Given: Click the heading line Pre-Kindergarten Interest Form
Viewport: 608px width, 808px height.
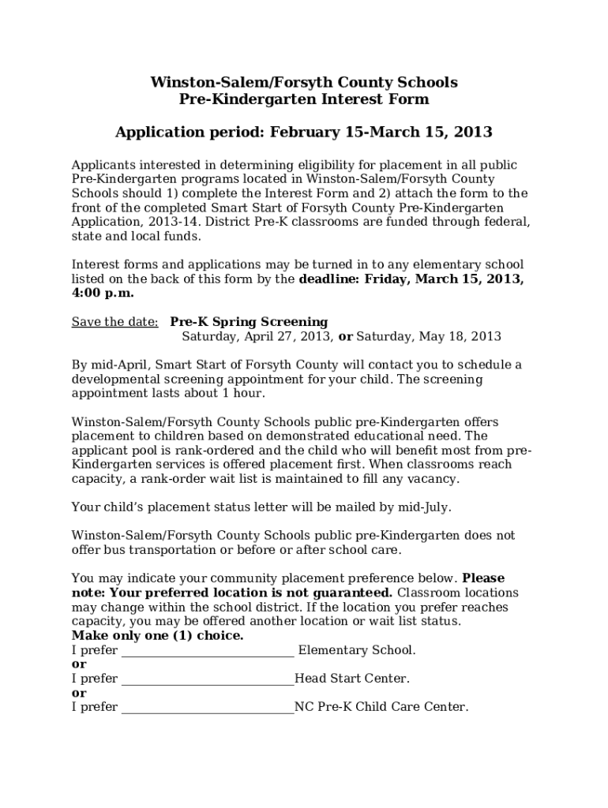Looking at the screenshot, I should [x=304, y=99].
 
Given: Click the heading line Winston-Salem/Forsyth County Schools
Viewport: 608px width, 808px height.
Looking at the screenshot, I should [x=304, y=82].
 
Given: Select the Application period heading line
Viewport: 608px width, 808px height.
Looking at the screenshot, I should [x=304, y=132].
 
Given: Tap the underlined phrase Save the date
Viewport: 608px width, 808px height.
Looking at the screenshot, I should [x=114, y=322].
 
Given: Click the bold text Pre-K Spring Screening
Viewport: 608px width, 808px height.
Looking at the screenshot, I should [x=249, y=322].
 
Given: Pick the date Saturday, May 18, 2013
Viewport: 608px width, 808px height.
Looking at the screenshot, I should [x=429, y=336].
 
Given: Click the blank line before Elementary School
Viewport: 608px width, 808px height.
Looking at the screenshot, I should [x=208, y=652].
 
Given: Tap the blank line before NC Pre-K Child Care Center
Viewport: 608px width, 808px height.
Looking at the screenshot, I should [x=208, y=709].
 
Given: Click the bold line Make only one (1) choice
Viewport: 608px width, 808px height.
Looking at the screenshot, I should [x=158, y=636].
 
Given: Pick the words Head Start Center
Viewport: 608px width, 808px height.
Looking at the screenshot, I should [x=351, y=679].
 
